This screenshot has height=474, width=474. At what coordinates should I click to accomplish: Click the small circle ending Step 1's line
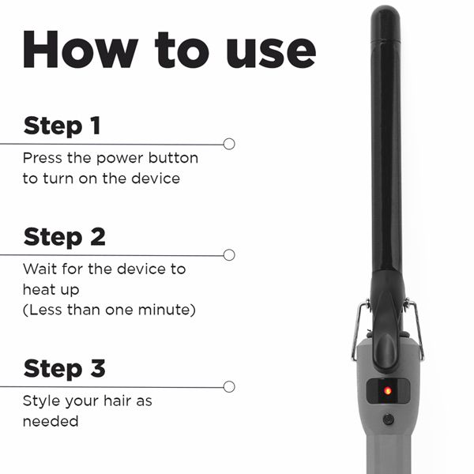coord(229,144)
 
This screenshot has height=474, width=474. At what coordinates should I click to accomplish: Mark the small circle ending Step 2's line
coord(229,254)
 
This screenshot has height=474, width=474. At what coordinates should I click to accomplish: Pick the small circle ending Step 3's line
coord(229,386)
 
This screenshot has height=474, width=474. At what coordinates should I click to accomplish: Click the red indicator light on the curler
coord(387,389)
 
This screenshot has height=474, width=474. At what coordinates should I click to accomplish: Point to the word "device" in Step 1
coord(154,179)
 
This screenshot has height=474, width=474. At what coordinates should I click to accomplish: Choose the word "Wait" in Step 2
coord(39,269)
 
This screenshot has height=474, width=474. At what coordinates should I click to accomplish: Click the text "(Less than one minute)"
coord(108,310)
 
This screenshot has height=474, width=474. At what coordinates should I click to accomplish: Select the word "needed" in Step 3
coord(51,421)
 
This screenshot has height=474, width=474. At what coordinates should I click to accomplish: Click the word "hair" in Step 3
coord(115,401)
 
